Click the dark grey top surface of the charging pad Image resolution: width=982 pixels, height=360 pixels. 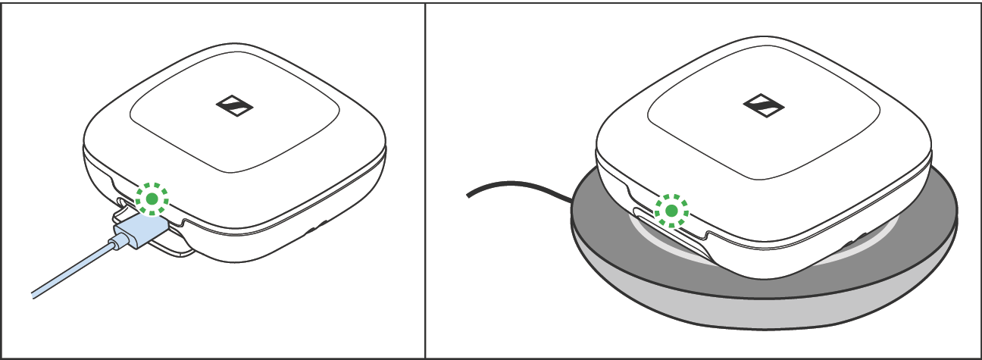[894, 250]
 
